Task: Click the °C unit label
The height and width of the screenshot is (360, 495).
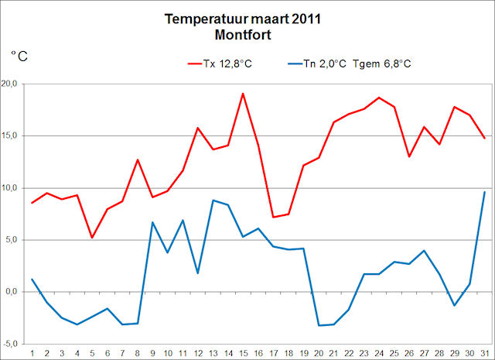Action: click(x=20, y=56)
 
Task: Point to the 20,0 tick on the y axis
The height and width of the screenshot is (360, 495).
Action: click(x=13, y=84)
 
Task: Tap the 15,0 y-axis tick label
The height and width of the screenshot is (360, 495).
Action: click(x=13, y=135)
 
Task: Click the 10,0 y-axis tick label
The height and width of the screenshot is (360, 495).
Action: click(x=13, y=188)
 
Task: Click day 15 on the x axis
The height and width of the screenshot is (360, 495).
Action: click(x=243, y=354)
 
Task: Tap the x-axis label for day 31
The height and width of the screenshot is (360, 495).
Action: click(x=484, y=354)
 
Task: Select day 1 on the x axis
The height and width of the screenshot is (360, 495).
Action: click(x=32, y=354)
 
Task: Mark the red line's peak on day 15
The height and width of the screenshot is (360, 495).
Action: click(x=243, y=93)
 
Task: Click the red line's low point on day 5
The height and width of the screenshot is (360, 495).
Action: click(x=92, y=238)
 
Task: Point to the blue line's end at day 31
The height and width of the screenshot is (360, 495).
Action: click(x=484, y=192)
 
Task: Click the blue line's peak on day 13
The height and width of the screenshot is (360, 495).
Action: click(x=213, y=201)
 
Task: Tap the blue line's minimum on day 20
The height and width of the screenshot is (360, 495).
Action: click(x=319, y=325)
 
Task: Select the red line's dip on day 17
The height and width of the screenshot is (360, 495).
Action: click(x=273, y=217)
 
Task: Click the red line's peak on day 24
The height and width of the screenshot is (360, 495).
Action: click(x=379, y=98)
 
